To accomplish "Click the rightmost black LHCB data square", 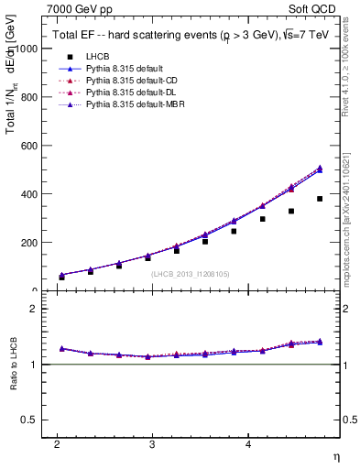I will [x=320, y=199].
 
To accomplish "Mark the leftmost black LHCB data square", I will [x=61, y=277].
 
